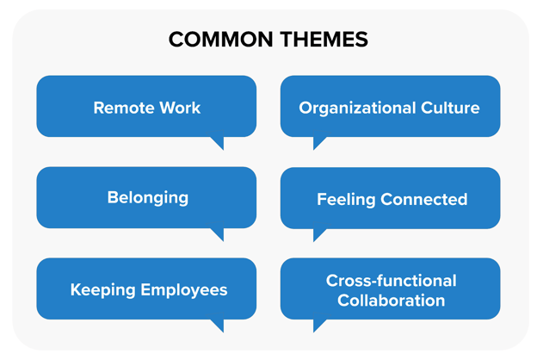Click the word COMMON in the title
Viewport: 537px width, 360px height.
[220, 39]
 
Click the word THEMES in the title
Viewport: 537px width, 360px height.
[324, 39]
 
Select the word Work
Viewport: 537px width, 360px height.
[180, 108]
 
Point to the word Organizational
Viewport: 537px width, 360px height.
[357, 109]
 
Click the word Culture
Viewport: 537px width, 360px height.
[450, 108]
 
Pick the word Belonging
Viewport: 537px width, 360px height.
[148, 198]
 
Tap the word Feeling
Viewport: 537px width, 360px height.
[346, 200]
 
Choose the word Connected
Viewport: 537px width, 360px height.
[424, 199]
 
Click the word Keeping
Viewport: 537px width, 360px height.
[102, 290]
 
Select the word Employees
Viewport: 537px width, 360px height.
[184, 290]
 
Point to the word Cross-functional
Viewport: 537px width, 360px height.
[391, 281]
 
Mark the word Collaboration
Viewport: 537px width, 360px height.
[391, 301]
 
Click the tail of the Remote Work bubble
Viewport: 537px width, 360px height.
[219, 142]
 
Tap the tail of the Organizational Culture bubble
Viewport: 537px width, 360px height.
[318, 142]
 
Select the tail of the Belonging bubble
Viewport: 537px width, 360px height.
[219, 234]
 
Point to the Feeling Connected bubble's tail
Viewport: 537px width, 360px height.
[318, 234]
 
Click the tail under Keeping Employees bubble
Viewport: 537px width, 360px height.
[219, 325]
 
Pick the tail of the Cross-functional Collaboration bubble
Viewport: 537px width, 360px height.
[318, 325]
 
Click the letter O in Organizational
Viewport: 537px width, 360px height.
[306, 108]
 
